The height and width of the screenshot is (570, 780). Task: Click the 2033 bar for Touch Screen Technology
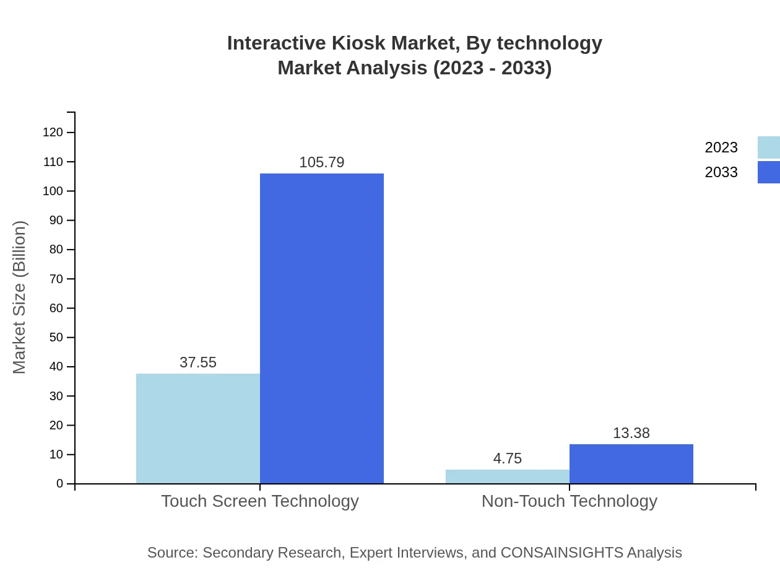coord(322,328)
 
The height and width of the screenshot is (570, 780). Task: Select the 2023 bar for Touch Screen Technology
coord(198,428)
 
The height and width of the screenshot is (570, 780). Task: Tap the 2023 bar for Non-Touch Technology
coord(508,476)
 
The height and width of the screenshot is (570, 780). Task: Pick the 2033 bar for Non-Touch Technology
coord(631,463)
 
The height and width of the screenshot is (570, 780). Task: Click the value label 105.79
coord(322,162)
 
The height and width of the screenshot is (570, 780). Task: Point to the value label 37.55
coord(198,362)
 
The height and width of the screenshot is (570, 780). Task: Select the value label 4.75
coord(508,458)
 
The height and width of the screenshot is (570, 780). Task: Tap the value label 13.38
coord(631,433)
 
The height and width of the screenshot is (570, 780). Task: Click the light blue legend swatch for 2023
coord(768,147)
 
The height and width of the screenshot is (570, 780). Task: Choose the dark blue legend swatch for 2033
coord(768,172)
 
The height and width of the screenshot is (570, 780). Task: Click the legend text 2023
coord(721,147)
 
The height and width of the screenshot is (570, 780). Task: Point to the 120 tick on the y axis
coord(53,132)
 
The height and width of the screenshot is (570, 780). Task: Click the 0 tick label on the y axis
coord(60,483)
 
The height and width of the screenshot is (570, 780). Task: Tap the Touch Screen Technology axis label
coord(260,501)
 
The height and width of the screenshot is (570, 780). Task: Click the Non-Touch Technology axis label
coord(570,501)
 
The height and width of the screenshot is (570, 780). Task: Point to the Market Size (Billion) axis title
coord(19,297)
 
